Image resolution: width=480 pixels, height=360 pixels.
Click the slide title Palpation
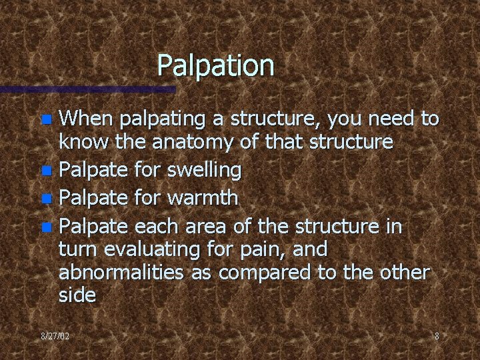pos(215,65)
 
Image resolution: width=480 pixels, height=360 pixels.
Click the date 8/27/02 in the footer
pos(55,336)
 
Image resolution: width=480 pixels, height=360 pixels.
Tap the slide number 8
pos(437,336)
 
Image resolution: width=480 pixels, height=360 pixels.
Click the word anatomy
pos(192,142)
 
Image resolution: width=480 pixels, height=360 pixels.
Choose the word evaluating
pos(169,250)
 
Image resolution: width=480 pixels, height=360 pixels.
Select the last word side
pos(77,295)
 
